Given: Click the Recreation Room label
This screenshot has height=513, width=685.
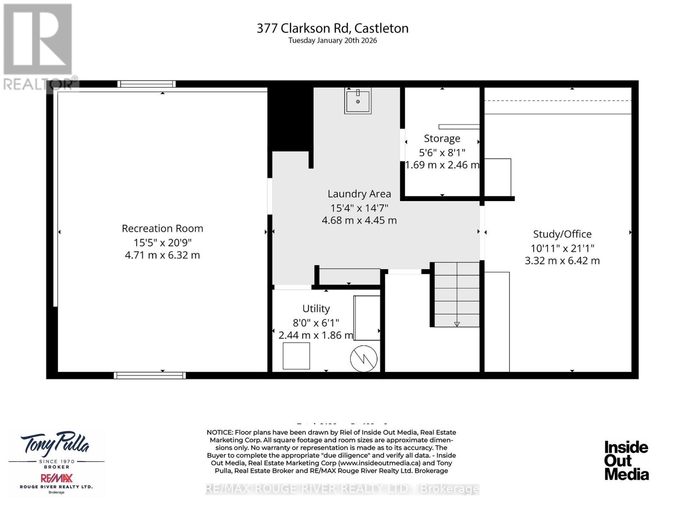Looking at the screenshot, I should click(x=162, y=228).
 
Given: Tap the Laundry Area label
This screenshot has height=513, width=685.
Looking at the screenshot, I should click(x=359, y=194).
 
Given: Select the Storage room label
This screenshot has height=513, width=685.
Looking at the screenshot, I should click(x=442, y=138).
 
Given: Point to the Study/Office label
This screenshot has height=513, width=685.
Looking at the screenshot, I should click(x=562, y=234).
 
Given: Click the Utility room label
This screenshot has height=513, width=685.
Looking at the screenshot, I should click(x=316, y=308).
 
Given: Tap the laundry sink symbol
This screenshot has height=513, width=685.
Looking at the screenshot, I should click(x=357, y=101).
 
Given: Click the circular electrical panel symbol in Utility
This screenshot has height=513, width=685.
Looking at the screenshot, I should click(x=363, y=359).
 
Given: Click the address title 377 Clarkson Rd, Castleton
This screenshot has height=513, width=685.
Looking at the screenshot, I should click(x=332, y=28).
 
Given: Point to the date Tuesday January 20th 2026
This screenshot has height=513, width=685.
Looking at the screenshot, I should click(x=332, y=41).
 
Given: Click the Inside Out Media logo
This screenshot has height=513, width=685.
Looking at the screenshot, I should click(x=626, y=460).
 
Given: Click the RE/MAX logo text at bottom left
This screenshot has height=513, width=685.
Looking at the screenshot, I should click(x=57, y=478).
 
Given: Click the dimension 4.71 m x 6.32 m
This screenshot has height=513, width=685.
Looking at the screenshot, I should click(x=162, y=255).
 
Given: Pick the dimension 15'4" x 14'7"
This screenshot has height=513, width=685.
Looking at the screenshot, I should click(x=359, y=208).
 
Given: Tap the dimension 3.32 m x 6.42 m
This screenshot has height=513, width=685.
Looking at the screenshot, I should click(x=562, y=261).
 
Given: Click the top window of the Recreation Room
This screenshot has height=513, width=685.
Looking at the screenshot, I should click(x=147, y=84).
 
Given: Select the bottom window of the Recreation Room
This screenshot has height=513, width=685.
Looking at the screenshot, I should click(x=149, y=375).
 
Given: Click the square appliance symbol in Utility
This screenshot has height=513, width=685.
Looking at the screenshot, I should click(x=296, y=356).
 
